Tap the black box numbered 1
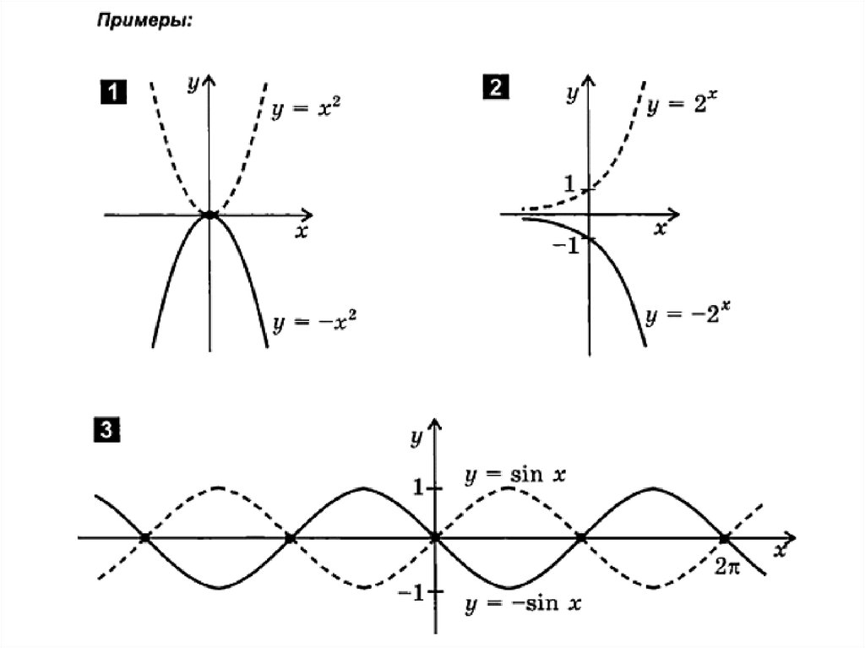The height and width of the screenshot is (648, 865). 113,90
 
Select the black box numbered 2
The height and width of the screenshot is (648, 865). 495,88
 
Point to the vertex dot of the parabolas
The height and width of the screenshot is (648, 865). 209,215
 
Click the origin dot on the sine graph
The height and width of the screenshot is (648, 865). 435,537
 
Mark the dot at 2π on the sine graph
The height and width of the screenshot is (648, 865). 725,537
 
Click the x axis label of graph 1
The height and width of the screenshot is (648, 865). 299,232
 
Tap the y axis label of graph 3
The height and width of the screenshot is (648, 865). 416,437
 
